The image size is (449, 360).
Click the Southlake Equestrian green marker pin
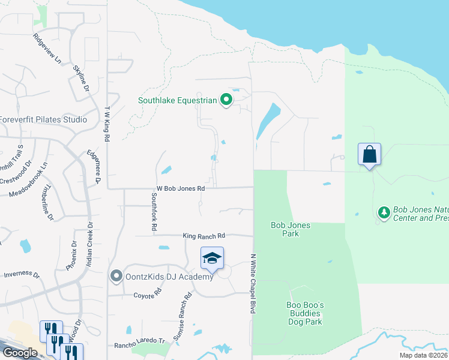[226, 100]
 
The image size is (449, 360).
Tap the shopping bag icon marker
[370, 154]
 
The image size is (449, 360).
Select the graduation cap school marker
[212, 258]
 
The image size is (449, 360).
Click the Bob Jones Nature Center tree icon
[384, 212]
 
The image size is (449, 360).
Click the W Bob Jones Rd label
[181, 188]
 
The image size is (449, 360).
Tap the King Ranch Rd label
[203, 236]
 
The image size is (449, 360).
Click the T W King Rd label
[107, 124]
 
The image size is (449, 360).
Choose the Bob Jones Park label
[291, 229]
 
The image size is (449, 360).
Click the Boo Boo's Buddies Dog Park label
[305, 313]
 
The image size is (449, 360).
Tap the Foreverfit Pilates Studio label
[43, 119]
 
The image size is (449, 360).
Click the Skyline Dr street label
[81, 77]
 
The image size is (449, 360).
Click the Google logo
[20, 353]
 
